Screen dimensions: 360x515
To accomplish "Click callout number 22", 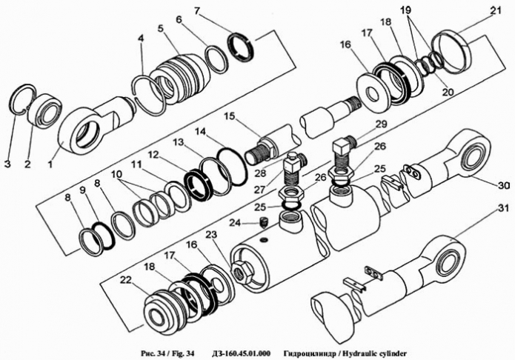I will coord(126,280).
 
